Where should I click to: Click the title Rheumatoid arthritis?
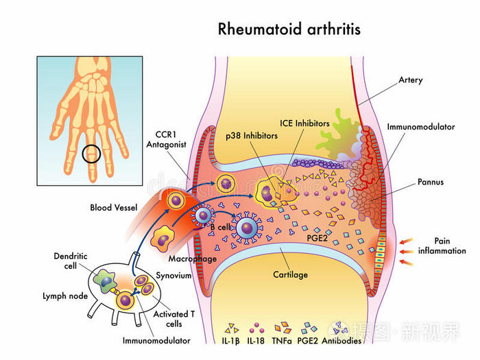click(289, 29)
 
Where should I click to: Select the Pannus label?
click(430, 182)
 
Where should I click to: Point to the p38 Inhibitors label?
click(252, 136)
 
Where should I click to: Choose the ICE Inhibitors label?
click(304, 123)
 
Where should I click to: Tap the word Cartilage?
click(291, 275)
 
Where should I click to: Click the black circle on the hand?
click(92, 153)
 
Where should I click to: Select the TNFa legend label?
click(283, 341)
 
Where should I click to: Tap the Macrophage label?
click(192, 259)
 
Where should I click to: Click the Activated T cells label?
click(168, 319)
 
